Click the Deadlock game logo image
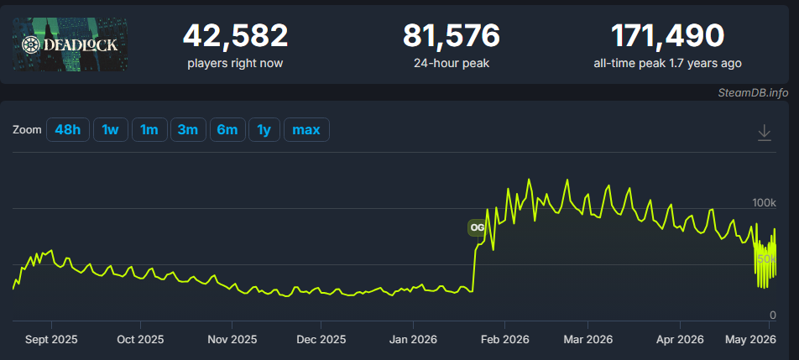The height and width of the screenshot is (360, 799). (x=70, y=44)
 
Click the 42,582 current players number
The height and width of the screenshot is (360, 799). (x=235, y=35)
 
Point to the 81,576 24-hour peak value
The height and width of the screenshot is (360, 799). (x=452, y=35)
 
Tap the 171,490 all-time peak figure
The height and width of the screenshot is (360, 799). (x=667, y=35)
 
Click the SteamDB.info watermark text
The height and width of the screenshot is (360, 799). (x=753, y=92)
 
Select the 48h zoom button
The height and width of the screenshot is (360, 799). (x=68, y=130)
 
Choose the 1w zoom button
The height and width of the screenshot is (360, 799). (x=111, y=130)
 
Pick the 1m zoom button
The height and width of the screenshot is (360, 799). (x=149, y=130)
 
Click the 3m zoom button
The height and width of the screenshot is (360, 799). (x=188, y=130)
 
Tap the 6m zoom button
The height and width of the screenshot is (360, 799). (x=227, y=130)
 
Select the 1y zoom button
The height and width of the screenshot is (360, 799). (x=264, y=130)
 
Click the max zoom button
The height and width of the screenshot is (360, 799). (x=306, y=130)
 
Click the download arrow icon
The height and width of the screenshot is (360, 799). (x=765, y=133)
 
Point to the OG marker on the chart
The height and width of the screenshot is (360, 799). (x=477, y=227)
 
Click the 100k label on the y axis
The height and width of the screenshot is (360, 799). (x=764, y=203)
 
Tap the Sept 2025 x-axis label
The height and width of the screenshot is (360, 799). (x=51, y=339)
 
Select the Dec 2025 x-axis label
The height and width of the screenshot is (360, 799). (x=321, y=339)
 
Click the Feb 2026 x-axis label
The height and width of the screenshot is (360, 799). (x=504, y=339)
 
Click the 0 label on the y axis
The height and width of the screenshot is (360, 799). (x=772, y=316)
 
